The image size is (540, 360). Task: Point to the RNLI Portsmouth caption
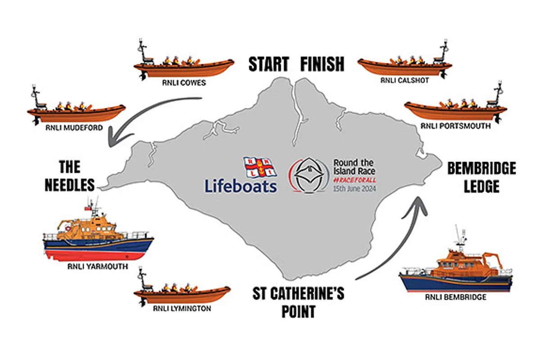[x=455, y=126]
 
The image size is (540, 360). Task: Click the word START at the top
[x=269, y=64]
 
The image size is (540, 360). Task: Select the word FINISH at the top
[x=322, y=64]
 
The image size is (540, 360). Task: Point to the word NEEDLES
[x=70, y=184]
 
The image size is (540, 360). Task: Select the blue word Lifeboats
[x=241, y=185]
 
